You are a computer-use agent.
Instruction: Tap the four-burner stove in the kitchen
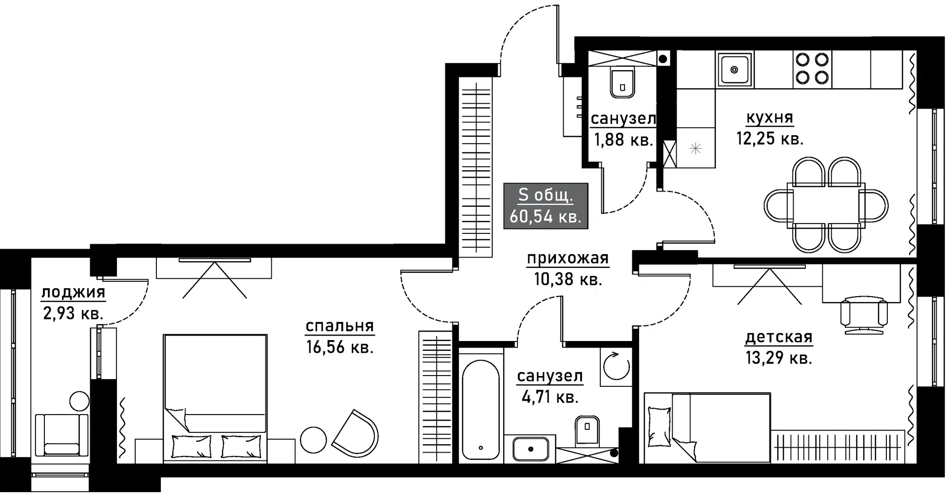[812, 69]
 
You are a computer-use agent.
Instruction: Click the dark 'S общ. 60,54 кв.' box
[546, 206]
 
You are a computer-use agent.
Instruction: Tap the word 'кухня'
[769, 118]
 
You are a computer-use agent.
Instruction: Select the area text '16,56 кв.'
[340, 347]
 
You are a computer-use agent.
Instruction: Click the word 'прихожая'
[568, 258]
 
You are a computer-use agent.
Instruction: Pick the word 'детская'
[779, 337]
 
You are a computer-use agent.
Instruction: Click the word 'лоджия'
[73, 293]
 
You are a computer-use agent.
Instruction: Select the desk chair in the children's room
[864, 314]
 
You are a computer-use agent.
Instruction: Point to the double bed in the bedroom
[216, 399]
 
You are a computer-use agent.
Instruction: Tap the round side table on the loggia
[79, 402]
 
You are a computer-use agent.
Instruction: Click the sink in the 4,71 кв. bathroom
[530, 449]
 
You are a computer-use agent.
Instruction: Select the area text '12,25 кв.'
[770, 139]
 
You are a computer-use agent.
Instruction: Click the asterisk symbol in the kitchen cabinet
[695, 148]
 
